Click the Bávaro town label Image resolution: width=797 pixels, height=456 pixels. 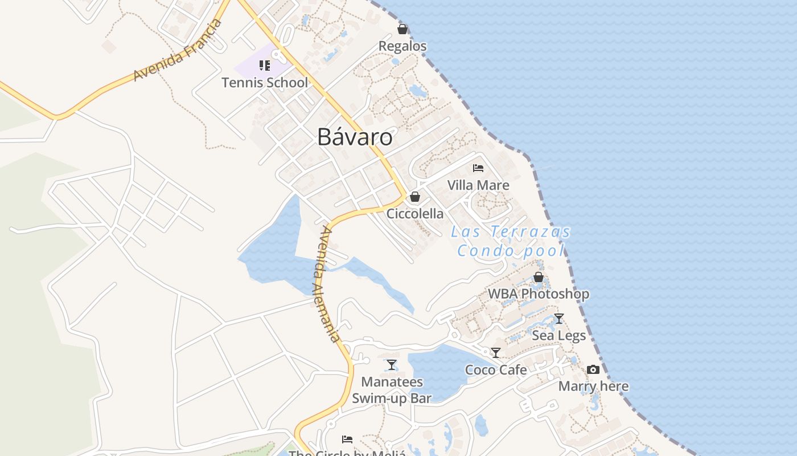pos(355,137)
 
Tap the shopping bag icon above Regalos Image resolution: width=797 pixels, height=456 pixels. pos(402,29)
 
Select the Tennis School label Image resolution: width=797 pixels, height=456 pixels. pos(265,83)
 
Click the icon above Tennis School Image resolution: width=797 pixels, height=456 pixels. pos(265,66)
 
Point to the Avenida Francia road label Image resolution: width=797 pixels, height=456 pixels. pos(177,50)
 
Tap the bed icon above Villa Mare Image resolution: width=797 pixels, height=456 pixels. pos(478,168)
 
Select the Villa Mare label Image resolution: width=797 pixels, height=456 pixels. pos(478,185)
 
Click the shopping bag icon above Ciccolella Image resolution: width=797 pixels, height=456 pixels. pos(415,197)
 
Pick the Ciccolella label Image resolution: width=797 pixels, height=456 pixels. pos(415,214)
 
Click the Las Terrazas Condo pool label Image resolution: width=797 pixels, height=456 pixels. pos(511,241)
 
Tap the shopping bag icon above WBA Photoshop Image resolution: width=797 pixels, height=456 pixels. pos(539,277)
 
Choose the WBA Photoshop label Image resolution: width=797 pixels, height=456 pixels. pos(539,294)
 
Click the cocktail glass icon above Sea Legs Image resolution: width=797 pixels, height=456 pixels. pos(559,319)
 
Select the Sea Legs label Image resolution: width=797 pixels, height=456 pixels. pos(559,336)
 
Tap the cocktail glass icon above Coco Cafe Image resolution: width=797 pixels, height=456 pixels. pos(496,353)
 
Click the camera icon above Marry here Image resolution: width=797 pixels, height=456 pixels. pos(593,370)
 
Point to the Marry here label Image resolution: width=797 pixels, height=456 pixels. pos(593,386)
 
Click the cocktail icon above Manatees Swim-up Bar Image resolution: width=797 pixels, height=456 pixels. pos(392,365)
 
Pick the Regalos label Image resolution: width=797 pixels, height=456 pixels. pos(402,46)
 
